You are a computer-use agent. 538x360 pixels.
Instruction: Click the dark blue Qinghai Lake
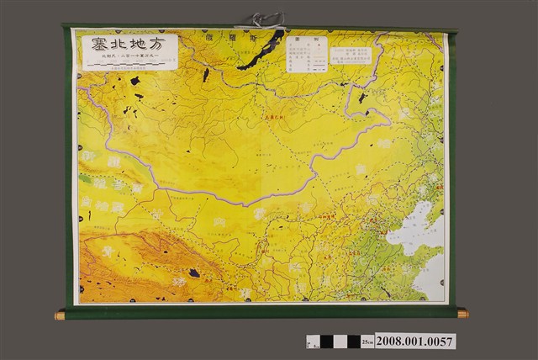(x=195, y=273)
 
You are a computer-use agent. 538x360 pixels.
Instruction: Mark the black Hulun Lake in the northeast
(x=362, y=98)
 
